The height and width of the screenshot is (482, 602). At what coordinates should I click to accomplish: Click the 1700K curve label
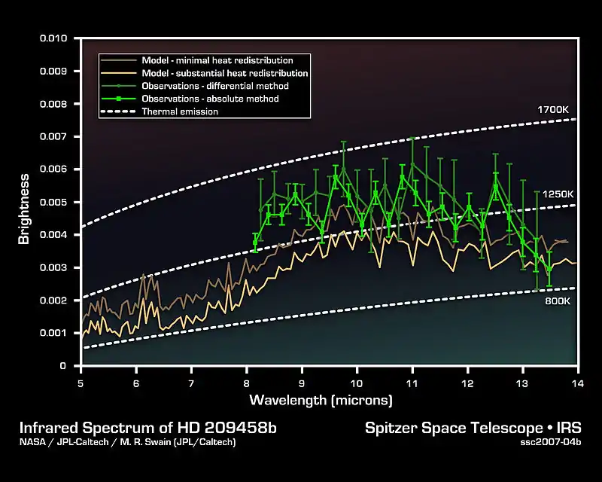tap(552, 110)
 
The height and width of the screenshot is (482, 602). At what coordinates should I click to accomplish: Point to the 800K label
tap(558, 301)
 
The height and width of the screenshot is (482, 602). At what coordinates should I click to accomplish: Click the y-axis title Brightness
tap(24, 209)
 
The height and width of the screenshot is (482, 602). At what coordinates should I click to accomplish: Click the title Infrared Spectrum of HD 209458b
tap(148, 429)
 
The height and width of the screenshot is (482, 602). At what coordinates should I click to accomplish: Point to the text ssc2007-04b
tap(552, 442)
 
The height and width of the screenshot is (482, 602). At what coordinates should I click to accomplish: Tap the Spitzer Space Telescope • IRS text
tap(473, 429)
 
